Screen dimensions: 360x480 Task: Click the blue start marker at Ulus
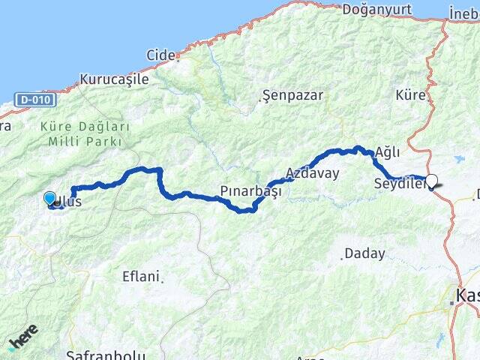(x=49, y=198)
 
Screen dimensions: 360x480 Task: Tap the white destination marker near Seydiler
(x=432, y=180)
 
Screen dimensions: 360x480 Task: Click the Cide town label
(x=159, y=55)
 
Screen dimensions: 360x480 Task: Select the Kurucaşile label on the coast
(x=114, y=79)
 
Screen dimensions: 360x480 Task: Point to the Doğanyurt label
(x=373, y=10)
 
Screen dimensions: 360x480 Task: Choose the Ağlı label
(x=388, y=152)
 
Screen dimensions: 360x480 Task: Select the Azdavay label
(x=313, y=173)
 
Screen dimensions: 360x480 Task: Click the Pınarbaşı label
(x=250, y=190)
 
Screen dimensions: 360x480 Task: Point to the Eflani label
(x=140, y=276)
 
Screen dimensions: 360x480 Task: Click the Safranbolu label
(x=104, y=354)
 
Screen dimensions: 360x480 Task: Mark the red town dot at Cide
(x=178, y=55)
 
